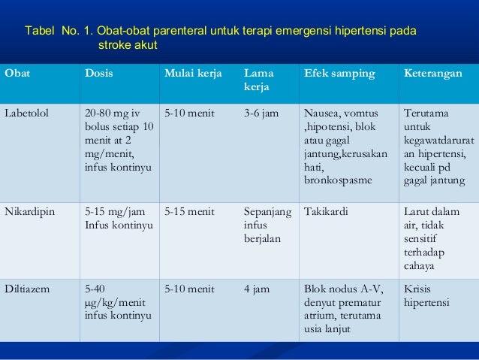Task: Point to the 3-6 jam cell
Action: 261,113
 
